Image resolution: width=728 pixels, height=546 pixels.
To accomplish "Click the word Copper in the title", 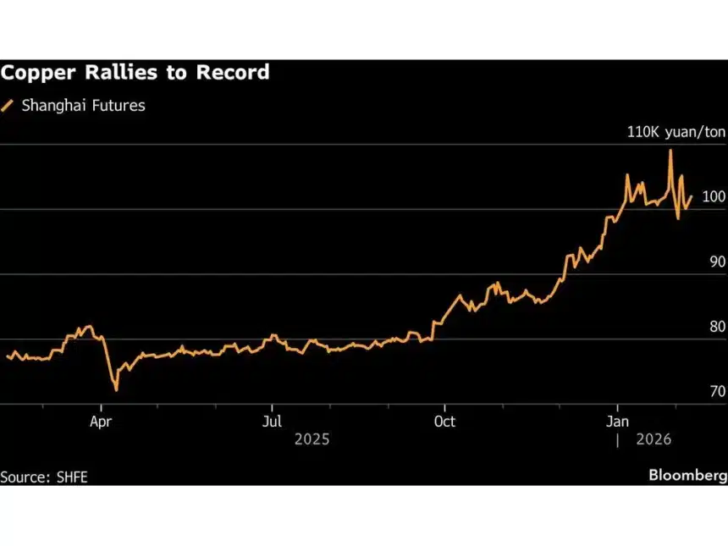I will point(38,73).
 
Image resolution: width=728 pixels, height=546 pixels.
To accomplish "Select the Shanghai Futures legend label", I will point(84,106).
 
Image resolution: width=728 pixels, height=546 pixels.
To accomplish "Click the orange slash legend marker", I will point(8,106).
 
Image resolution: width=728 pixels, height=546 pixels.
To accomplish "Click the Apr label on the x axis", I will point(102,421).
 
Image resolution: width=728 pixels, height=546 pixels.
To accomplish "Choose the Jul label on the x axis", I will point(272,421).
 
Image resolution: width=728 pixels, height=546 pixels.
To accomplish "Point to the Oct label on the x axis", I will point(444,421).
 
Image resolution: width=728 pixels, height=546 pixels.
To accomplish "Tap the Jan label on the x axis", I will point(618,421).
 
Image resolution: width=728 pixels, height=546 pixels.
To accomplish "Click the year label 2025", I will point(311,440).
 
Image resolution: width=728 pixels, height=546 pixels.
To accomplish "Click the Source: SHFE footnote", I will point(44,477).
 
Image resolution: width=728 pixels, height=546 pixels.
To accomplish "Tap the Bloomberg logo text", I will point(687,475).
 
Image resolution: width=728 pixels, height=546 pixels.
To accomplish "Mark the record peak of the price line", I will point(670,151).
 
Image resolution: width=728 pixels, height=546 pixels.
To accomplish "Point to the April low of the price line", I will point(116,390).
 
